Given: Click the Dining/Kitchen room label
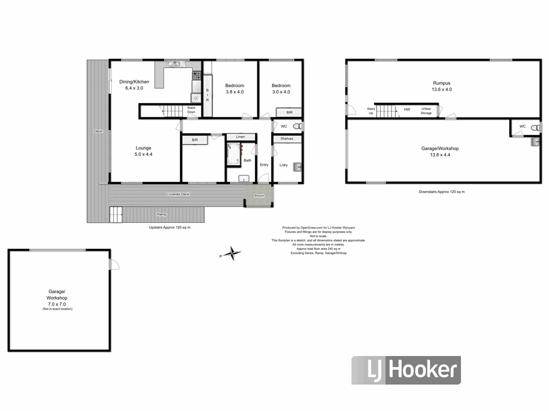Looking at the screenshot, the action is point(134,82).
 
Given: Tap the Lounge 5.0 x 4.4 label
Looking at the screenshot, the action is point(143,151).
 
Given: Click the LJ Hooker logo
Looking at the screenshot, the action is point(406,370).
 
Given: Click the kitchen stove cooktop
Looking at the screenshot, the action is point(196,76).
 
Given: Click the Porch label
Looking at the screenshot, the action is point(259,196).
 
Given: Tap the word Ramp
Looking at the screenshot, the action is point(162,214).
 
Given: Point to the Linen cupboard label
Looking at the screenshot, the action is point(240,137).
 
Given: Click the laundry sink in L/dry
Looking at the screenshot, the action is point(297,167).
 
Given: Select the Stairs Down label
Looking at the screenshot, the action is point(191,110).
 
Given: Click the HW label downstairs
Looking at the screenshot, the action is point(407,109).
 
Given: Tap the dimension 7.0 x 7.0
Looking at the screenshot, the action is point(57,304).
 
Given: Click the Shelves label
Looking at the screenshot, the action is point(287,139).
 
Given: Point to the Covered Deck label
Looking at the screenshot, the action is point(178,194).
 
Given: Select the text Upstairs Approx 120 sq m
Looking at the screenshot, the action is point(170,227).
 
